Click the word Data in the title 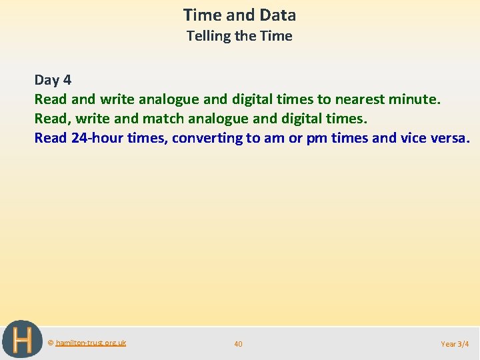coord(276,15)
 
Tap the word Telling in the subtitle coord(209,36)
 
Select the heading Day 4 coord(53,80)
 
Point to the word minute coord(417,99)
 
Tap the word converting coord(210,138)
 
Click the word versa coord(451,138)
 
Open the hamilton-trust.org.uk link coord(91,343)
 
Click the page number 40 coord(238,344)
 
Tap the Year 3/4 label coord(455,344)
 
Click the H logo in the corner coord(22,339)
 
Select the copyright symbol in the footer coord(51,343)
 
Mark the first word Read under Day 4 coord(51,99)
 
